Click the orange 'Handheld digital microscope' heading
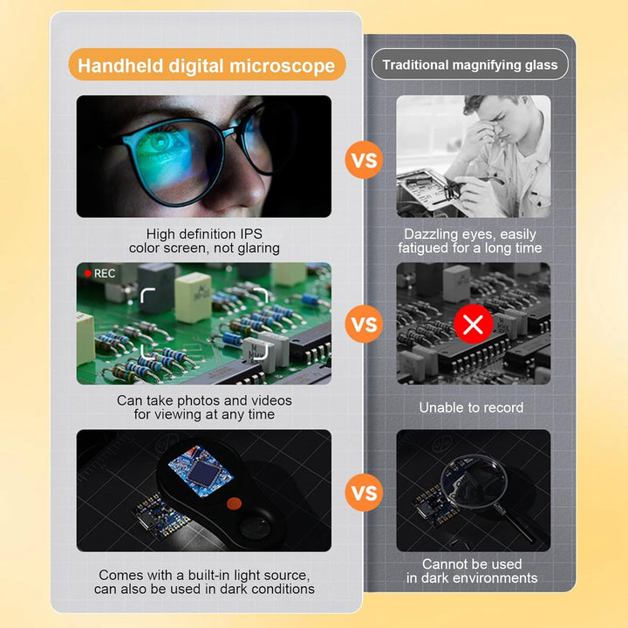pyautogui.click(x=207, y=65)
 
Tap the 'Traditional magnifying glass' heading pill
pyautogui.click(x=470, y=65)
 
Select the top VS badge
pyautogui.click(x=364, y=160)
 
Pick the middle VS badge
pyautogui.click(x=364, y=324)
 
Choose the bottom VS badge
pyautogui.click(x=364, y=492)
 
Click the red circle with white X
pyautogui.click(x=474, y=324)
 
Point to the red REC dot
pyautogui.click(x=88, y=273)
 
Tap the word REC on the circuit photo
pyautogui.click(x=105, y=273)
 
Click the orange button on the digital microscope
pyautogui.click(x=234, y=503)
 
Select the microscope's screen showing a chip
pyautogui.click(x=201, y=471)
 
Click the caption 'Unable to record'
pyautogui.click(x=471, y=407)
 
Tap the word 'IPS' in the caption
pyautogui.click(x=251, y=234)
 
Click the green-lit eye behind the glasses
pyautogui.click(x=160, y=142)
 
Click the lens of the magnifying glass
pyautogui.click(x=474, y=481)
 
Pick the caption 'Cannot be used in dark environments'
pyautogui.click(x=472, y=570)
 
